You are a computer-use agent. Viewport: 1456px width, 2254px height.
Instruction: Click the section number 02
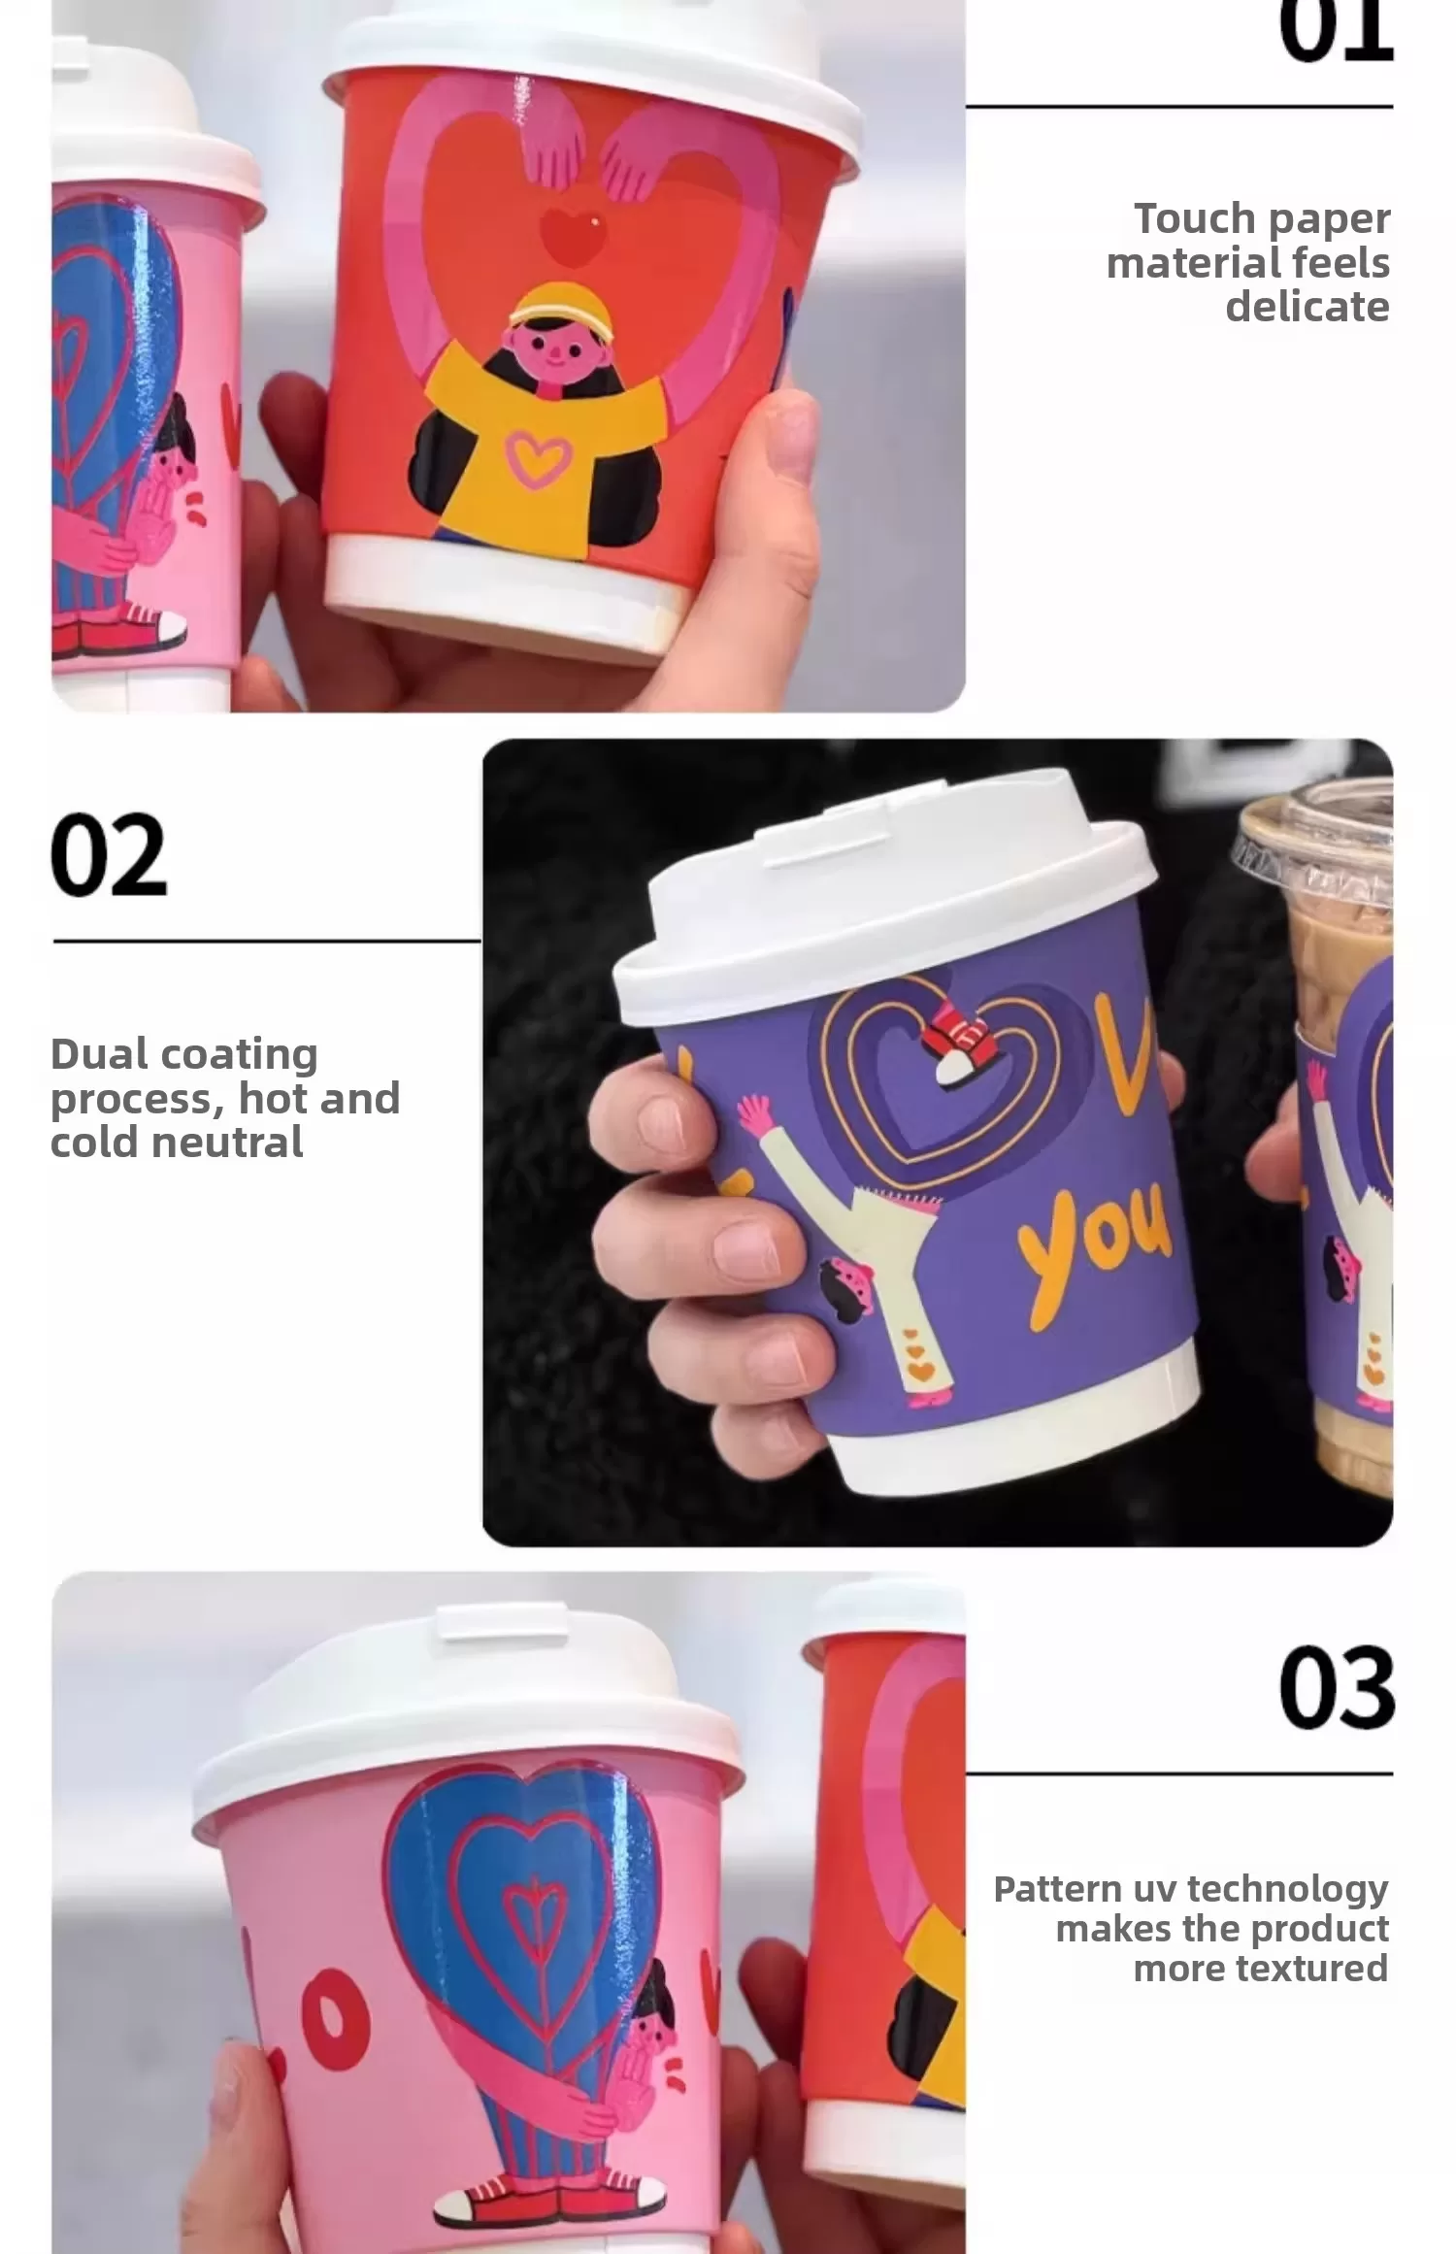click(x=109, y=855)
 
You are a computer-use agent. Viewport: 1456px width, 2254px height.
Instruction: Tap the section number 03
click(x=1336, y=1688)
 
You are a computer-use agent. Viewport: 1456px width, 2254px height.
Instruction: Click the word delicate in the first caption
click(x=1307, y=307)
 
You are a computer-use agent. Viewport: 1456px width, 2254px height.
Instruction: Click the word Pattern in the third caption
click(x=1057, y=1889)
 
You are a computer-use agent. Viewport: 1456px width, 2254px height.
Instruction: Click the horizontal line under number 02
click(x=267, y=941)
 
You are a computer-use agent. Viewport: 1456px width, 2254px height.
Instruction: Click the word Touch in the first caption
click(x=1181, y=219)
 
